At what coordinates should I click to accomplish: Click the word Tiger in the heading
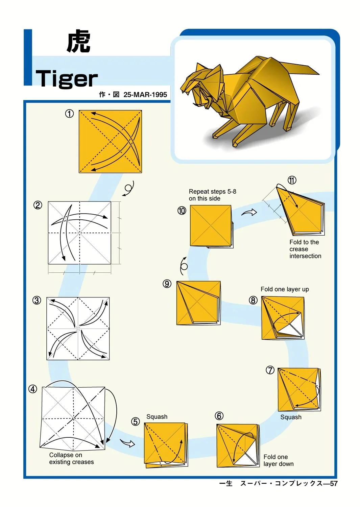(x=67, y=78)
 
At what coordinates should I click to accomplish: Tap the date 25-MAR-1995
(x=145, y=95)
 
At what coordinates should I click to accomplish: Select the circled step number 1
(x=69, y=114)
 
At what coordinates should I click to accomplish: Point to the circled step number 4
(x=32, y=389)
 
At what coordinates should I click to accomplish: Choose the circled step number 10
(x=182, y=211)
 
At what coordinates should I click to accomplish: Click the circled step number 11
(x=292, y=180)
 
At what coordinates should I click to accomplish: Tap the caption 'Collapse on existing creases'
(x=71, y=458)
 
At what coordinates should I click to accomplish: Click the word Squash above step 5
(x=157, y=417)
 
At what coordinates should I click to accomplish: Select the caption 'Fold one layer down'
(x=279, y=460)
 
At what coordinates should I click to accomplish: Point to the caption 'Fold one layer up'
(x=285, y=289)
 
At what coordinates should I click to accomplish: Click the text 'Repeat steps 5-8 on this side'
(x=212, y=195)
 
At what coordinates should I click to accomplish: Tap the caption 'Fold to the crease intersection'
(x=305, y=249)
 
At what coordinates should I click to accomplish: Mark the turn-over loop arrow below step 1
(x=128, y=188)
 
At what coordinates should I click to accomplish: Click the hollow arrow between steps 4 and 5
(x=128, y=443)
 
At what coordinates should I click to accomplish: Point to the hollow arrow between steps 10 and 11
(x=249, y=212)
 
